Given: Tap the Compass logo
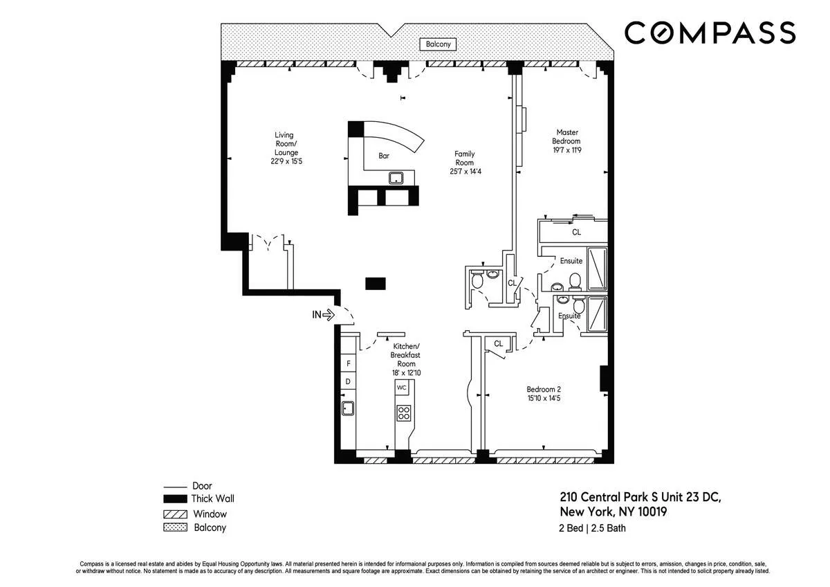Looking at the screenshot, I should coord(710,33).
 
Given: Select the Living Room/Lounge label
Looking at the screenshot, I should coord(284,147).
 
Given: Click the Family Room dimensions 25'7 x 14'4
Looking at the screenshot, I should coord(464,171).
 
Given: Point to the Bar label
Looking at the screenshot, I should coord(384,156).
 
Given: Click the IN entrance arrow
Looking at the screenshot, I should coord(323,315).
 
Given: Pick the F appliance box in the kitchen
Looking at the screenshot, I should coord(348,363).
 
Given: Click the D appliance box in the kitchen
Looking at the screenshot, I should coord(348,381).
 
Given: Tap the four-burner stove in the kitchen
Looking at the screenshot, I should coord(403,413).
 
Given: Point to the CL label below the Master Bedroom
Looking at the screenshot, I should coord(576,233).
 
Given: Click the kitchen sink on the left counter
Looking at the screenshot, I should coord(348,408).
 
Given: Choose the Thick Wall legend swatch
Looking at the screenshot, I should coord(174,498).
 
